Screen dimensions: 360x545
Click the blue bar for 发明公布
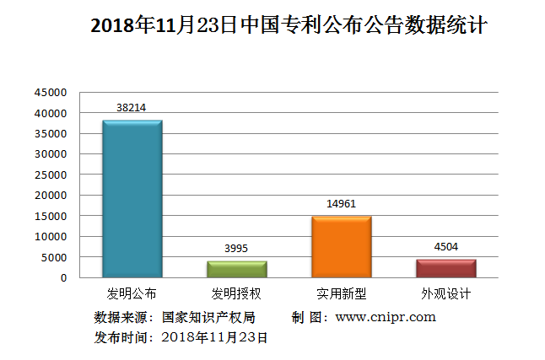[x=132, y=199]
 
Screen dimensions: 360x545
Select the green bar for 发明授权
[x=237, y=269]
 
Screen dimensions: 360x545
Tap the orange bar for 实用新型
[x=342, y=247]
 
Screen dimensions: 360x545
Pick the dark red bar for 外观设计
[x=446, y=268]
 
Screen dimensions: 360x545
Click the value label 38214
[x=132, y=108]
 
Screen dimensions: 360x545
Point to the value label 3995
[x=237, y=249]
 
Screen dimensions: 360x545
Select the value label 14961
[x=342, y=204]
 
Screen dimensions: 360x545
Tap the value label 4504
[x=446, y=247]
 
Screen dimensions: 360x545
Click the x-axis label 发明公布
[x=132, y=294]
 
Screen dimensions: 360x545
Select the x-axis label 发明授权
[x=236, y=294]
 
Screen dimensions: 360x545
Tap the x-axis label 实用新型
[x=342, y=294]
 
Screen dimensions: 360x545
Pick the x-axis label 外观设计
[x=446, y=294]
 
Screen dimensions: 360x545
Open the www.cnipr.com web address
[x=386, y=317]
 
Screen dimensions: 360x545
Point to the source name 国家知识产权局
[x=208, y=317]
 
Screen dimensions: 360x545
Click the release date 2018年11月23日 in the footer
[x=214, y=337]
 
